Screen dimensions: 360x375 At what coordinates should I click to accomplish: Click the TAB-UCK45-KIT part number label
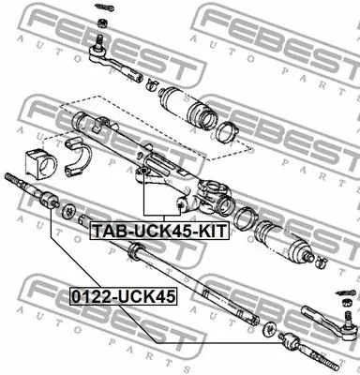[159, 231]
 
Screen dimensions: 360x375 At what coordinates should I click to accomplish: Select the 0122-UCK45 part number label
[123, 296]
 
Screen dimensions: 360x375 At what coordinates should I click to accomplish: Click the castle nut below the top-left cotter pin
[101, 22]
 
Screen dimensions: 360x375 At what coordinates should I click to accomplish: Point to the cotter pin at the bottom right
[345, 293]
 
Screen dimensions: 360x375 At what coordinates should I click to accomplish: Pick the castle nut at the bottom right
[346, 303]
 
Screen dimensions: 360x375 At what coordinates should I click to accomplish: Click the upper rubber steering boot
[187, 107]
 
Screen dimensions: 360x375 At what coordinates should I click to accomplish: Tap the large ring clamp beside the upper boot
[228, 132]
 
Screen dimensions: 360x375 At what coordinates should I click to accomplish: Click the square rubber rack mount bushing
[40, 164]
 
